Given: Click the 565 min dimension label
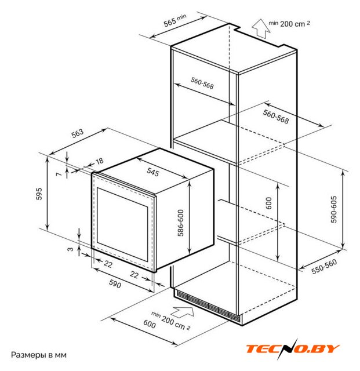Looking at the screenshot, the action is pos(174,20).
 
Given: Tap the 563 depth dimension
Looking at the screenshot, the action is pos(78,133).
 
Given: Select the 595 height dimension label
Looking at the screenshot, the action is pos(39,194).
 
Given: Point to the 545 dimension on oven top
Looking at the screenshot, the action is pos(152,172).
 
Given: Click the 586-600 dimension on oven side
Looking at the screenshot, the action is pos(181,223).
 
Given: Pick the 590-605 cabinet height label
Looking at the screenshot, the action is pos(333,209).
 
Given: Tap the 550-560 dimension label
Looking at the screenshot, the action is pos(324,267).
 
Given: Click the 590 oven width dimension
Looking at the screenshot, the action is pos(115,283).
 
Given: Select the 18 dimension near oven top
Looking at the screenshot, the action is pos(99,161).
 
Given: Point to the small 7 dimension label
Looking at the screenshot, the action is pos(59,174).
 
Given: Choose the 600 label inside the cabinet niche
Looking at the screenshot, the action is pos(269,203).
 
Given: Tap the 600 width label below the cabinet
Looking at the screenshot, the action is pos(150,324).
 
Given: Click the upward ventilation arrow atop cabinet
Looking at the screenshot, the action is pos(261,28).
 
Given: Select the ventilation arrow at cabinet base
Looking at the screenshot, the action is pos(182,311).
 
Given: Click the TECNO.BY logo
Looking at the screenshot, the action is pos(293,349).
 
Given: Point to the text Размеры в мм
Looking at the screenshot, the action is pos(39,355).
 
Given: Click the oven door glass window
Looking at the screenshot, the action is pos(122,224).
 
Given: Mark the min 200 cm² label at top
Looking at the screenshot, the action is pos(289,23).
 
